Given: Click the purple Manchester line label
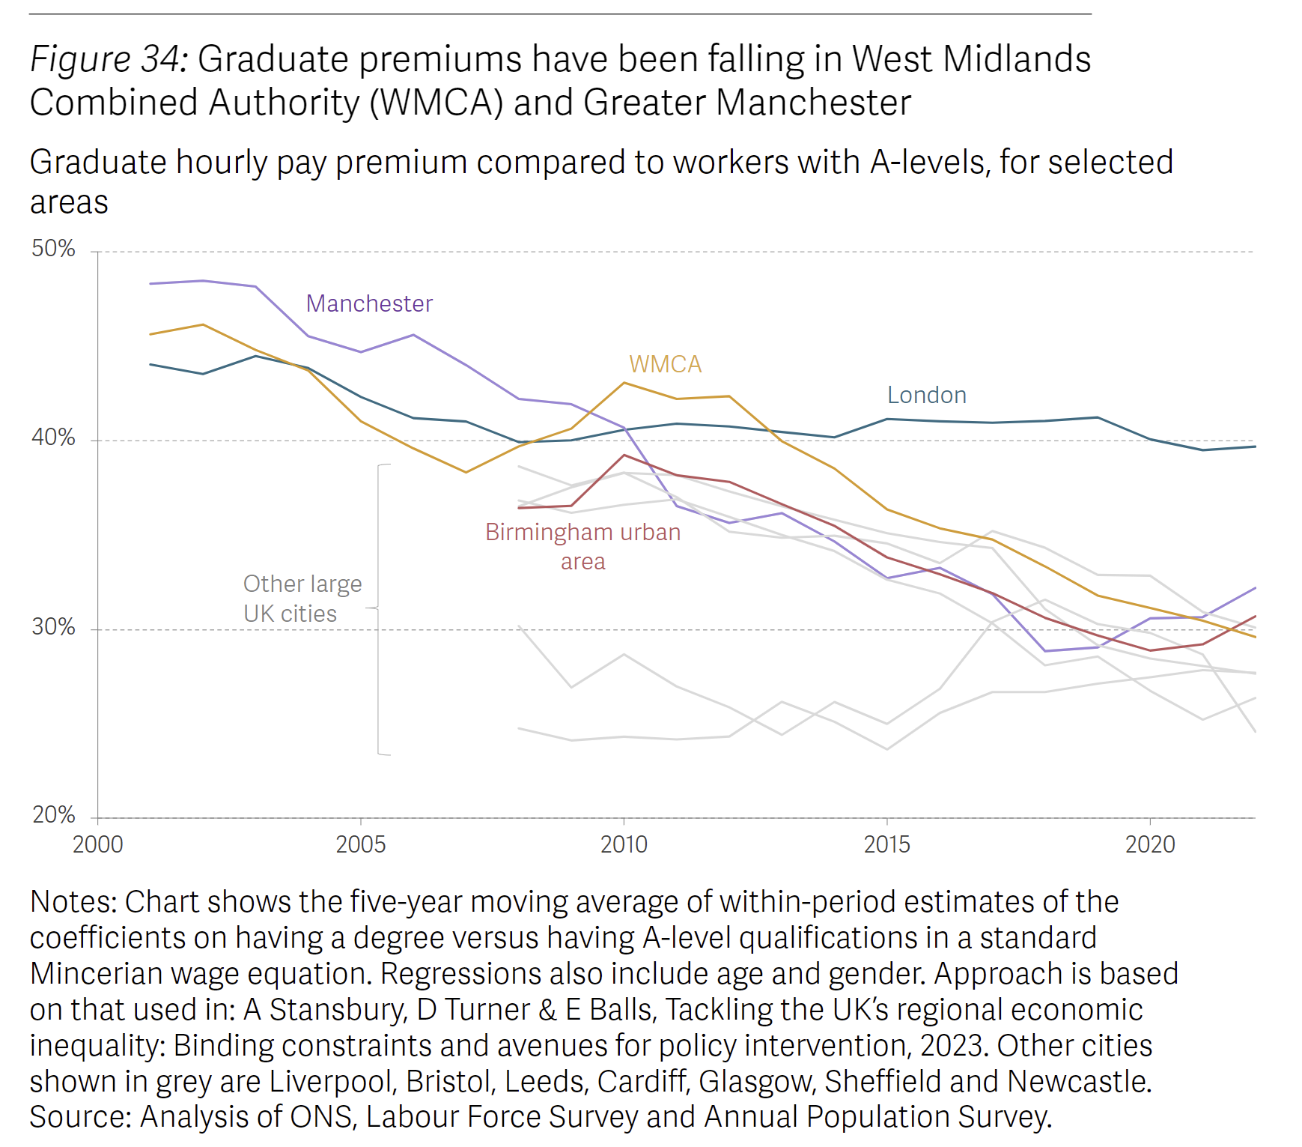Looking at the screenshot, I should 369,303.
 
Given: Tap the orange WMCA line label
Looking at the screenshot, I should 665,364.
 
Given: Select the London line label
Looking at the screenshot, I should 926,395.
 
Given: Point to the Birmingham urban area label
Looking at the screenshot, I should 582,546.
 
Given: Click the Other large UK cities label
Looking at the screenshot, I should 302,599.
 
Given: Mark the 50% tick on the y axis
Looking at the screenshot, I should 53,249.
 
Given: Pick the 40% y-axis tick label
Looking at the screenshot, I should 53,438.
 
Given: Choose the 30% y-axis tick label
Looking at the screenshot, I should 53,626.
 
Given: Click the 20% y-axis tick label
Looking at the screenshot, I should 53,815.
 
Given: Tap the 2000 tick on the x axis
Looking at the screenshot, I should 97,844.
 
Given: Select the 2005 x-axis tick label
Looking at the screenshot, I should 360,844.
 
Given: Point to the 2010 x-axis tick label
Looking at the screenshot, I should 624,844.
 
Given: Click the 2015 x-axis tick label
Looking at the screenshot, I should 886,844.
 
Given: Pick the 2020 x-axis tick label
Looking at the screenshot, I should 1150,844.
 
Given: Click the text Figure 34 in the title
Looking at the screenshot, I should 109,59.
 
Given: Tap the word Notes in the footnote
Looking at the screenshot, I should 72,902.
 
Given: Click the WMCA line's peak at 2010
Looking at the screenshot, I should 624,383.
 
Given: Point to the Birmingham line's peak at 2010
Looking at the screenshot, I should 624,455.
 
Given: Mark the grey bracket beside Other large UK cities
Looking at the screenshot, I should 379,609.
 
